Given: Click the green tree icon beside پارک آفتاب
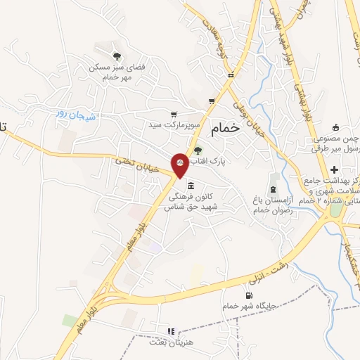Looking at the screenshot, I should tap(198, 149).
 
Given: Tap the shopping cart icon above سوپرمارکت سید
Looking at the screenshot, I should tap(174, 114).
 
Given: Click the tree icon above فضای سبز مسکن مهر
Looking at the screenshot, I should tap(117, 55).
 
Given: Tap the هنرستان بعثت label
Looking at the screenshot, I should tap(166, 342).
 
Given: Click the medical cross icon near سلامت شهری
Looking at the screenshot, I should tap(334, 169).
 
